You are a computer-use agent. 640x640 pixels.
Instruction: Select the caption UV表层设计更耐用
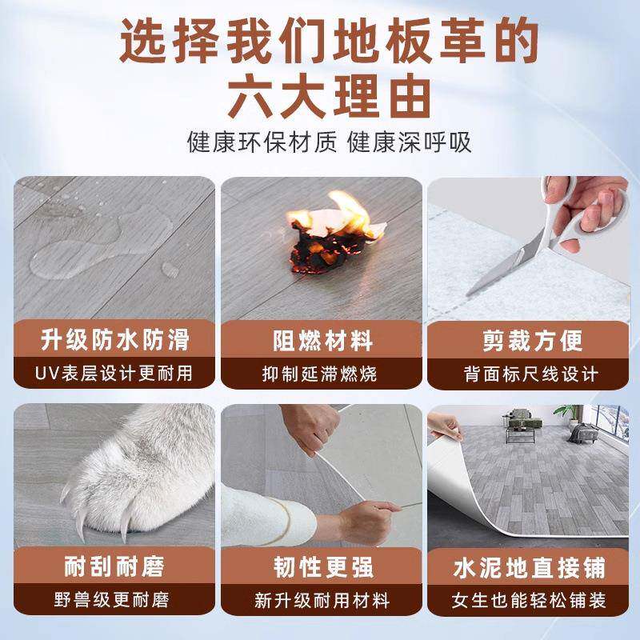point(115,373)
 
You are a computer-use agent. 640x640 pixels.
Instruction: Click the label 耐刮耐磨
point(115,568)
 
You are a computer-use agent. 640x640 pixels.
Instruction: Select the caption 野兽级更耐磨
point(115,600)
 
